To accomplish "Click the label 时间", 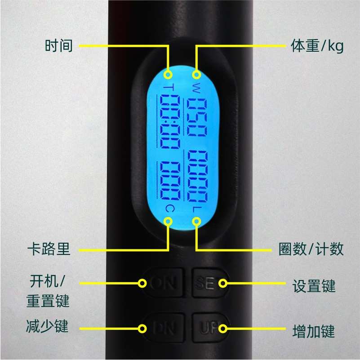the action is click(x=58, y=46).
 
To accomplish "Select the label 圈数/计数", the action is click(x=311, y=249).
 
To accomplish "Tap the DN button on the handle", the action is click(x=163, y=329).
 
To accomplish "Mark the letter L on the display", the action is click(x=196, y=209).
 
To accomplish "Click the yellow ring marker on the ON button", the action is click(x=142, y=283).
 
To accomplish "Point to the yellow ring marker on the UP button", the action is click(x=223, y=329).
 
